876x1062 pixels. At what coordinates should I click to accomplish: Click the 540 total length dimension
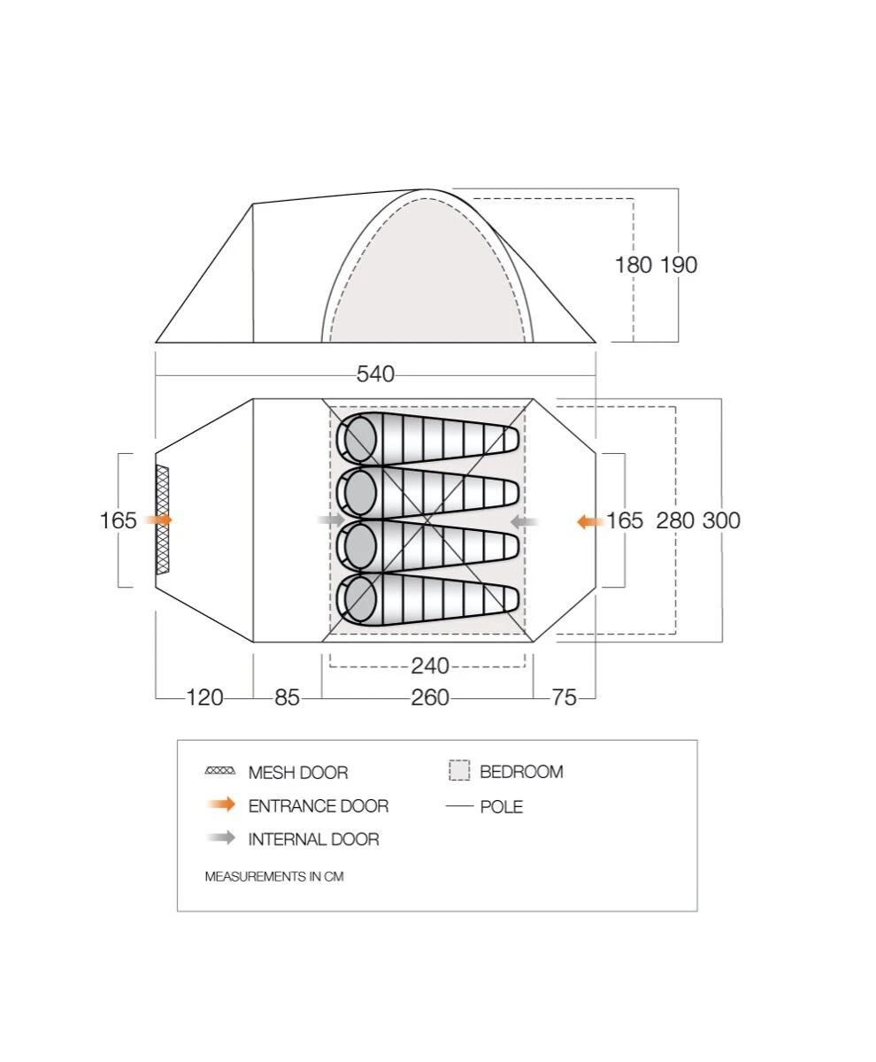(375, 374)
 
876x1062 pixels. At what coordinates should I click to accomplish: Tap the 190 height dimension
(679, 265)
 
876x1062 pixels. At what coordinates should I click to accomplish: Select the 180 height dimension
(634, 265)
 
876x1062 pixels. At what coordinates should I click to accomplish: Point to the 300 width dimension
(721, 520)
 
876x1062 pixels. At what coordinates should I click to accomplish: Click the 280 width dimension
(675, 520)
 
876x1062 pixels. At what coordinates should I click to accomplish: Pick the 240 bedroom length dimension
(430, 666)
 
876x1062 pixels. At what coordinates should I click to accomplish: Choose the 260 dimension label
(430, 698)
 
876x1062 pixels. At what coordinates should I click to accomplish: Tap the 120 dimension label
(204, 698)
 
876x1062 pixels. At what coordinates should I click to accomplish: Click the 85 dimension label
(287, 698)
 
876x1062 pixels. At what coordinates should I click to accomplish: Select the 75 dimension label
(564, 698)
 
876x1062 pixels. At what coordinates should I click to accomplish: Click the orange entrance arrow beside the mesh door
(158, 520)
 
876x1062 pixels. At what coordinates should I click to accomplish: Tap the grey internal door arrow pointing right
(331, 519)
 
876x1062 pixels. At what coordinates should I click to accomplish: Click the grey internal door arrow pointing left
(526, 522)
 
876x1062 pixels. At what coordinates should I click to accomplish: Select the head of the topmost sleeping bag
(360, 439)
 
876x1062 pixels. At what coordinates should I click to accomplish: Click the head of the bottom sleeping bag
(360, 602)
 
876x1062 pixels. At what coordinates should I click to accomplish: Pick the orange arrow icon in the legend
(220, 805)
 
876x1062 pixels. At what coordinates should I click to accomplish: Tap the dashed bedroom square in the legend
(458, 771)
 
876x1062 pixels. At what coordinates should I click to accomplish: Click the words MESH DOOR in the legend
(298, 773)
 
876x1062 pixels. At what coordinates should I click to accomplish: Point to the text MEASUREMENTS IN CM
(274, 877)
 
